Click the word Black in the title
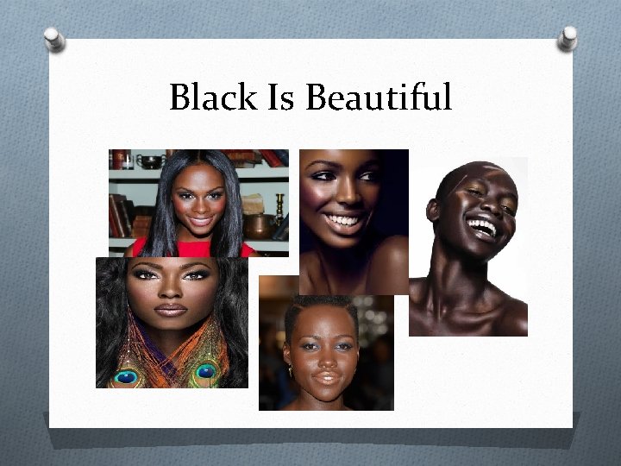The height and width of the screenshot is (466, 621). (x=212, y=98)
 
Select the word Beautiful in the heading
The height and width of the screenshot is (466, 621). (x=379, y=98)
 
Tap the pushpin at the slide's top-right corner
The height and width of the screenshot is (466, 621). (x=568, y=36)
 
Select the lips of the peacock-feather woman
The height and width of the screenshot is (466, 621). (x=170, y=310)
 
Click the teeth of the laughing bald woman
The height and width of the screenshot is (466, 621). (x=482, y=230)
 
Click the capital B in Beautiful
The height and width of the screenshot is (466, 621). (x=317, y=98)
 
